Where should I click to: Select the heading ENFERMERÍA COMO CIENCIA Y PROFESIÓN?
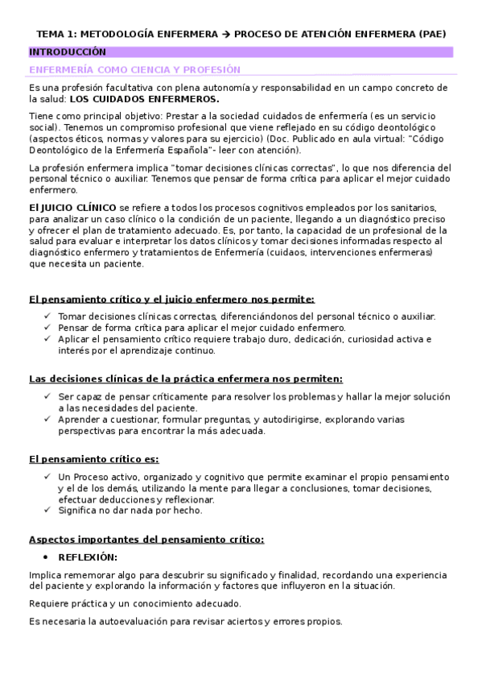pyautogui.click(x=134, y=70)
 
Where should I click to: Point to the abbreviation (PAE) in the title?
pyautogui.click(x=432, y=34)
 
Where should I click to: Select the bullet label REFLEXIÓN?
pyautogui.click(x=88, y=557)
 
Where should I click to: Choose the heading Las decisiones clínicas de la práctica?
pyautogui.click(x=185, y=378)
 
